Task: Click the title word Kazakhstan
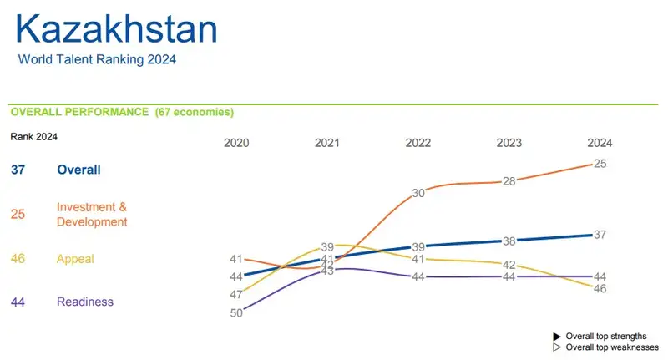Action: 117,29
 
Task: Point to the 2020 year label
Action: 237,143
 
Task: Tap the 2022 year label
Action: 418,143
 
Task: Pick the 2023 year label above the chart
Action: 509,143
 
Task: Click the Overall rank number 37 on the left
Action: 18,170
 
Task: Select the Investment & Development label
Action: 92,214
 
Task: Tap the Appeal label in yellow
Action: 75,259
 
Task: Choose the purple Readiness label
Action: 85,302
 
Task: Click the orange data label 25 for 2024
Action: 600,164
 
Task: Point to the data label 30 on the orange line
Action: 418,193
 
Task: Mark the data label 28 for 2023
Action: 509,181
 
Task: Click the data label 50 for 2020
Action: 236,312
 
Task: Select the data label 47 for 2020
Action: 236,294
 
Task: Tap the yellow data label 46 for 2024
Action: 600,288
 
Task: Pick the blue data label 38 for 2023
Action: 509,241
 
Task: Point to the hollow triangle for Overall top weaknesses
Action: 557,347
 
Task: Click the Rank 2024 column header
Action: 33,136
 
